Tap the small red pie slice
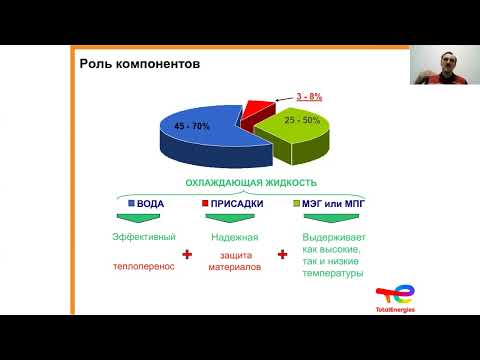(x=258, y=108)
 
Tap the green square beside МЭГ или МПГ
(x=296, y=204)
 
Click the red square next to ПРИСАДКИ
(x=206, y=204)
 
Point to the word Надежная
(x=236, y=237)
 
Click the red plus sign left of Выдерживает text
(x=283, y=254)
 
